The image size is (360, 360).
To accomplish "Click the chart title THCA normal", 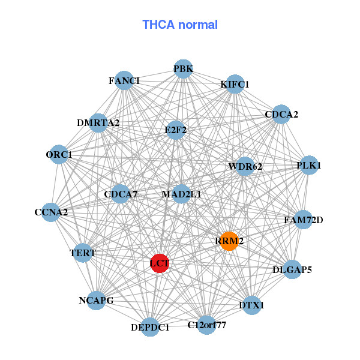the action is pos(179,25).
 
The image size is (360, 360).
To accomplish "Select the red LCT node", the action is pos(159,263).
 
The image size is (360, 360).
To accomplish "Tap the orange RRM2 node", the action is pos(229,241).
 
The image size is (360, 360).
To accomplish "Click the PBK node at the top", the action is pos(183,69).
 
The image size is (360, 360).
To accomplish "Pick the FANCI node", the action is pos(124,80).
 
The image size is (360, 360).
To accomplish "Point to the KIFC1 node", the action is pos(235,85).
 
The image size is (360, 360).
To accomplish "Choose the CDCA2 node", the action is pos(281,114).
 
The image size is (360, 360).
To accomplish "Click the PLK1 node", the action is pos(308,165).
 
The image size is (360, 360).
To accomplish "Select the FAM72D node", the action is pos(303,220).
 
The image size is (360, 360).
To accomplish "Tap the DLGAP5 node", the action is pos(292,269).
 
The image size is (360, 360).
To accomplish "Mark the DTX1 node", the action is pos(251,305).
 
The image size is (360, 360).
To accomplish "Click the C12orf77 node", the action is pos(206,325).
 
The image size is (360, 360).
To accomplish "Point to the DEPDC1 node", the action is pos(150,327).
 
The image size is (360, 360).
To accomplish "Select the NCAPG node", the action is pos(96,300).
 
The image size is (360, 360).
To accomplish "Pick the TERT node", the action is pos(83,253).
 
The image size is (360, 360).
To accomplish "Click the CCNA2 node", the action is pos(51,212).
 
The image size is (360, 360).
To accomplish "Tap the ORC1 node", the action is pos(59,155).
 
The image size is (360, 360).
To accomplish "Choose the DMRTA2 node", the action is pos(98,123).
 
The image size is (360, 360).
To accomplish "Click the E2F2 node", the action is pos(175,130).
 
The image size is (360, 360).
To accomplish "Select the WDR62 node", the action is pos(245,166).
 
